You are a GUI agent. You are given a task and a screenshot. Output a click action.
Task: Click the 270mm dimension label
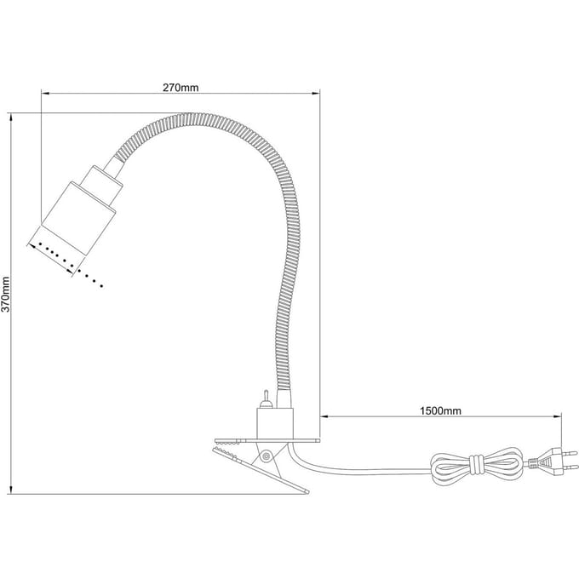[181, 88]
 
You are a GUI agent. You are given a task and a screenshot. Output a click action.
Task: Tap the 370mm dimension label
[6, 294]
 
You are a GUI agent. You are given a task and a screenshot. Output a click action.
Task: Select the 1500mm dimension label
[440, 410]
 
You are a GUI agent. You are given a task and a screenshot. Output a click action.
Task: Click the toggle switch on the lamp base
[265, 399]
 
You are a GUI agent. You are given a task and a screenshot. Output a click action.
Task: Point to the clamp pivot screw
[265, 456]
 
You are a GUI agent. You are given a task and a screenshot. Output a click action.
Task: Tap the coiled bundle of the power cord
[477, 465]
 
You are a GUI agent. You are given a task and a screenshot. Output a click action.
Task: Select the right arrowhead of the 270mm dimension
[315, 94]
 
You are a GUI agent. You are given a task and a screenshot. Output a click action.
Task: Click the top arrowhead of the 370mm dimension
[11, 118]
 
